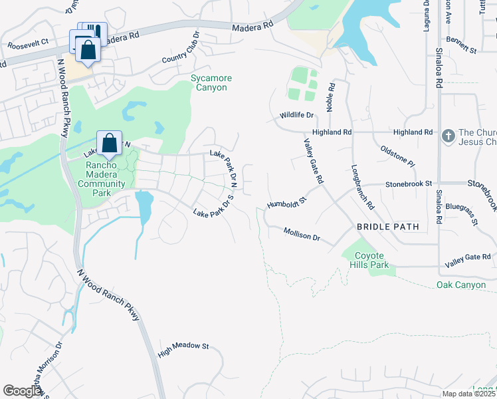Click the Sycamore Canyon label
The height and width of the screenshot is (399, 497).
click(x=211, y=82)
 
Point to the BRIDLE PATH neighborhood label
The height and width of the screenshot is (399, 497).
click(x=388, y=227)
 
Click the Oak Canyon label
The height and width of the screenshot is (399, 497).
click(x=461, y=285)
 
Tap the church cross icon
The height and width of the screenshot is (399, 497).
click(x=448, y=136)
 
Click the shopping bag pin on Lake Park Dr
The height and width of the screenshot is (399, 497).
click(x=108, y=143)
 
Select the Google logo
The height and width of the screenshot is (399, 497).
click(x=23, y=391)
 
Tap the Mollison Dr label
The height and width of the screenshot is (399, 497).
click(x=302, y=234)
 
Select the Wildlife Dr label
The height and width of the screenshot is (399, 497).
click(x=296, y=115)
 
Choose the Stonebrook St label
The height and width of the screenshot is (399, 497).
click(x=409, y=183)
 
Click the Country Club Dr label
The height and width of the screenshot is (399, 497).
click(x=181, y=49)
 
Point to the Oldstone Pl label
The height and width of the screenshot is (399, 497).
click(x=397, y=156)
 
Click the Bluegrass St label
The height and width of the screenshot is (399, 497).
click(x=462, y=215)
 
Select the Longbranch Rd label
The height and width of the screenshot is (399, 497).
click(x=362, y=186)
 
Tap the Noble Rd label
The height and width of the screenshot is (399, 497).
click(x=331, y=97)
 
